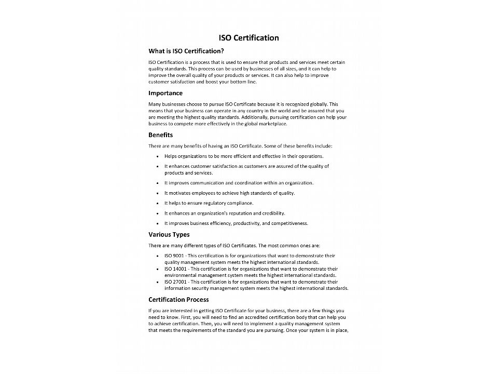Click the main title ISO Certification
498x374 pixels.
[x=248, y=37]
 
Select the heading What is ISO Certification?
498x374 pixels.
[x=186, y=51]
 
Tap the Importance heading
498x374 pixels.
[x=165, y=93]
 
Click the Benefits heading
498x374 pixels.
[x=161, y=135]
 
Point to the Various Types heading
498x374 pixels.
[x=169, y=234]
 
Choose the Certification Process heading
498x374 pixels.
[x=178, y=299]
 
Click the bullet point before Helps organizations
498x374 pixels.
[x=157, y=156]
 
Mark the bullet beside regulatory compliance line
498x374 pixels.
[x=157, y=203]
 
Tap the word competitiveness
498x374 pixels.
[x=289, y=223]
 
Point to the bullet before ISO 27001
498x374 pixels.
[x=157, y=282]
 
